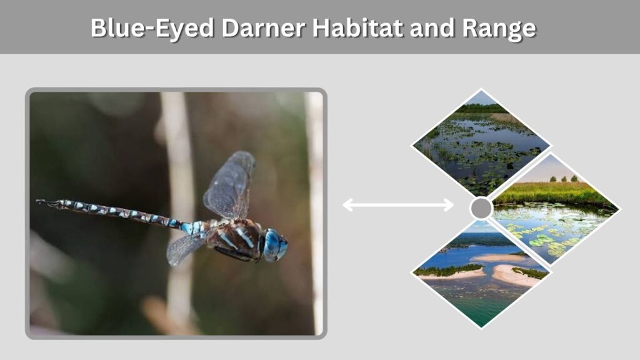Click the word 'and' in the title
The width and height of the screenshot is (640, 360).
pos(432,27)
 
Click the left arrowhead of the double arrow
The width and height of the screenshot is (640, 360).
pos(347,205)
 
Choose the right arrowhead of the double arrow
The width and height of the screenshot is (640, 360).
pos(449,205)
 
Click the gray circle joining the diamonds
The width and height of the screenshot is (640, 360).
pos(482,208)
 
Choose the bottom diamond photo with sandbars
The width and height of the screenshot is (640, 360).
pos(481,274)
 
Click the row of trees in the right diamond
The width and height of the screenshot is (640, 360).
pos(564,179)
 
